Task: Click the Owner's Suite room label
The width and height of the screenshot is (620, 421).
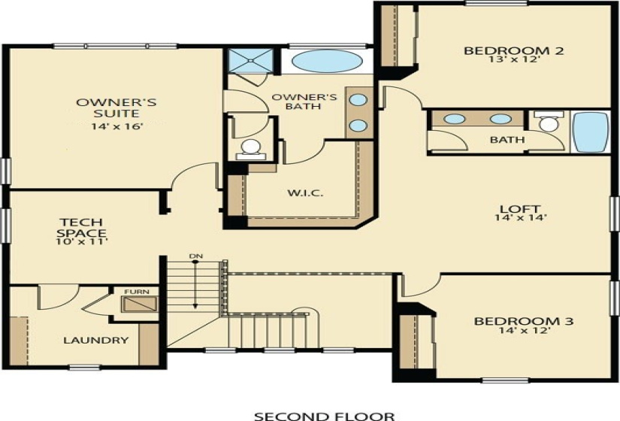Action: point(116,108)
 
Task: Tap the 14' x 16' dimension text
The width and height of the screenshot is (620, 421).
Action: point(116,126)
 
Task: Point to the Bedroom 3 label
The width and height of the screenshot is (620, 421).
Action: point(523,322)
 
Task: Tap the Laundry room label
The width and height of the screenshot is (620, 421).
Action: point(95,340)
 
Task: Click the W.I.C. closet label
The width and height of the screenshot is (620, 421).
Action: point(305,193)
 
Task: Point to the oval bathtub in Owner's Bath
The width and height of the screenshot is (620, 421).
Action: point(327,61)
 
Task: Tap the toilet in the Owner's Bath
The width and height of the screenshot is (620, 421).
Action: point(251,148)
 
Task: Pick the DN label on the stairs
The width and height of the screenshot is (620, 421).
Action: point(196,257)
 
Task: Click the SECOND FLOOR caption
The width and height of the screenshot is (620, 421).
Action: point(323,415)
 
